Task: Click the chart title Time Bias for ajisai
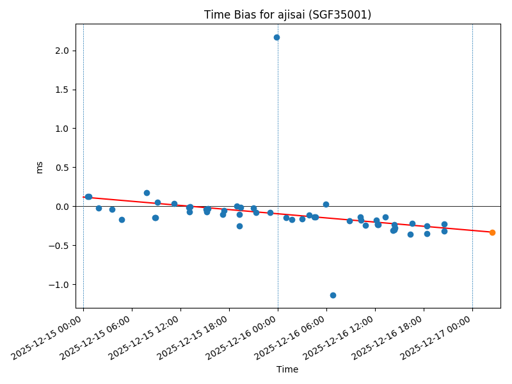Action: (x=287, y=15)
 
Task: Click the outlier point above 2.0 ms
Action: (x=276, y=37)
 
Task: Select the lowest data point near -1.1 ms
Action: (x=333, y=295)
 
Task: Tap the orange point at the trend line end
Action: (x=492, y=232)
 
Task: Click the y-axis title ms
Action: (x=40, y=167)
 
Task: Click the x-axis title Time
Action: (x=287, y=369)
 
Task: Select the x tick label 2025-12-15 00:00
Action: (x=48, y=337)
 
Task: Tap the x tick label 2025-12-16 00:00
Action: (x=243, y=337)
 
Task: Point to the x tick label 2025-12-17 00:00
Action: (x=437, y=337)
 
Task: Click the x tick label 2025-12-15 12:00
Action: (x=145, y=337)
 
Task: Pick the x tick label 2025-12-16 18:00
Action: (x=388, y=337)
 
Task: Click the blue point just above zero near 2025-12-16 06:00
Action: (x=326, y=204)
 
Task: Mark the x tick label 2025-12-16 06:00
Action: (x=291, y=337)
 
